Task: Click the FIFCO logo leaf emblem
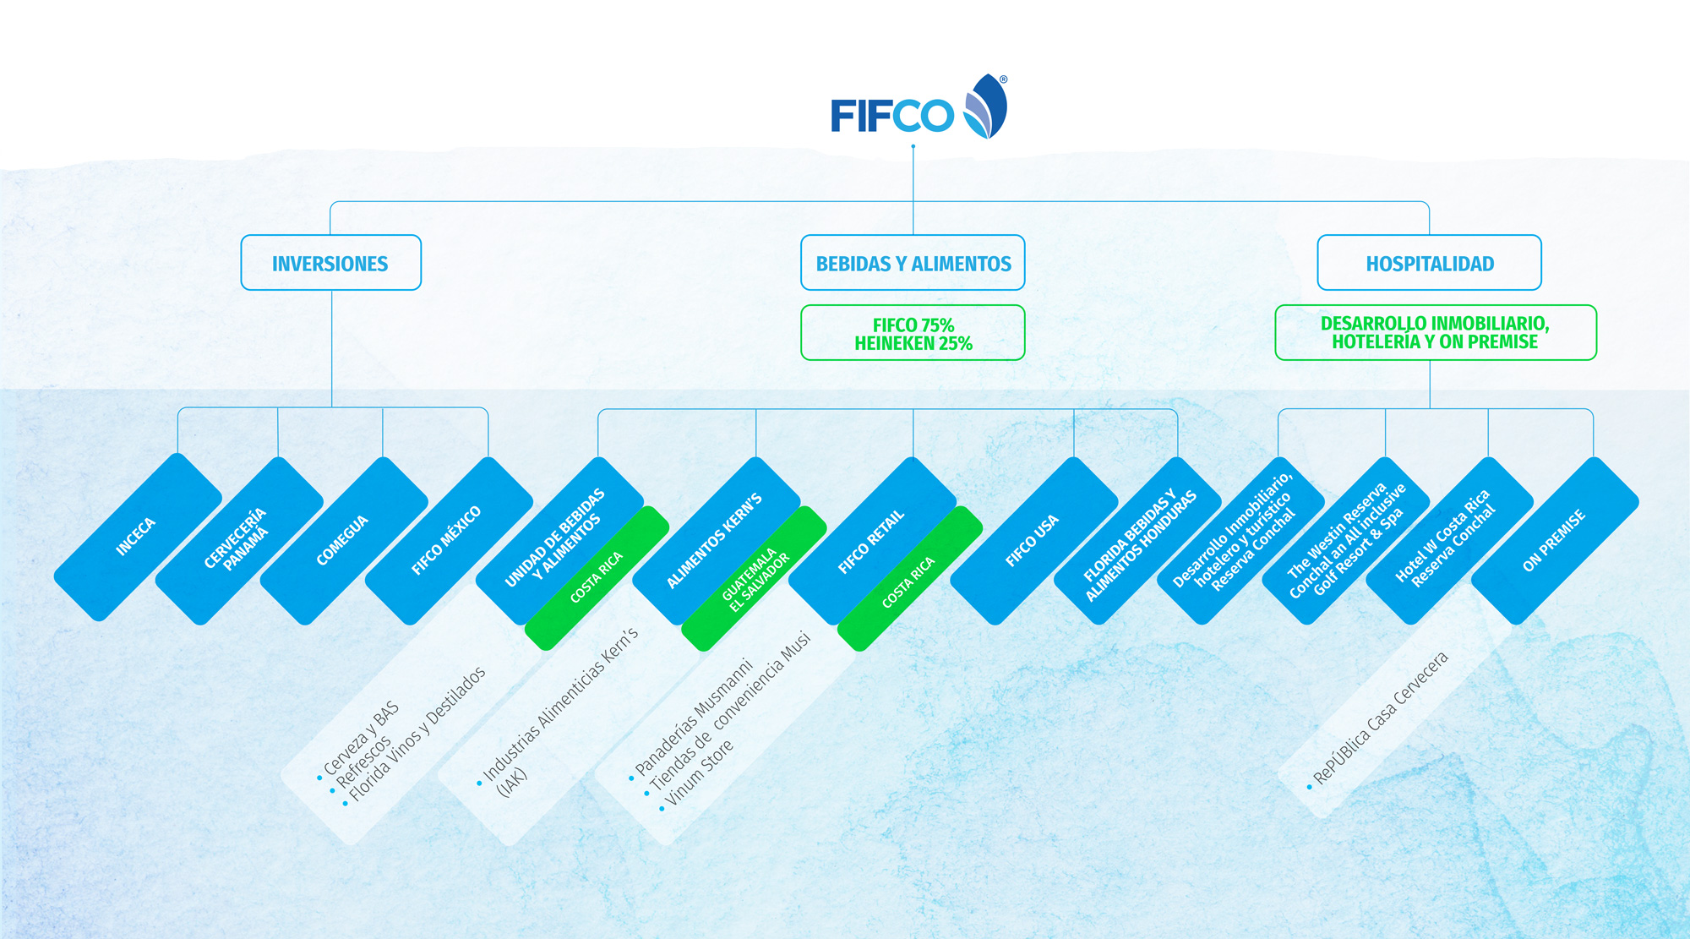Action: pyautogui.click(x=986, y=106)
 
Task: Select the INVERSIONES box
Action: pyautogui.click(x=330, y=264)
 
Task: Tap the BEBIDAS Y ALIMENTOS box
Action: pyautogui.click(x=913, y=264)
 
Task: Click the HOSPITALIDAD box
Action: pyautogui.click(x=1429, y=264)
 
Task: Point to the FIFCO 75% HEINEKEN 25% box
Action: pyautogui.click(x=913, y=334)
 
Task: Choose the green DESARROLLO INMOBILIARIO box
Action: pyautogui.click(x=1435, y=333)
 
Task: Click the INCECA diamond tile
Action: pyautogui.click(x=137, y=538)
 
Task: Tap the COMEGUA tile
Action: pyautogui.click(x=343, y=540)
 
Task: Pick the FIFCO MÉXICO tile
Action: pyautogui.click(x=447, y=540)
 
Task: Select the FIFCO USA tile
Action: pyautogui.click(x=1033, y=540)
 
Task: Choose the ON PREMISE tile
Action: pyautogui.click(x=1555, y=540)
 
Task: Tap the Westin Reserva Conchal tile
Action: pyautogui.click(x=1345, y=540)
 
